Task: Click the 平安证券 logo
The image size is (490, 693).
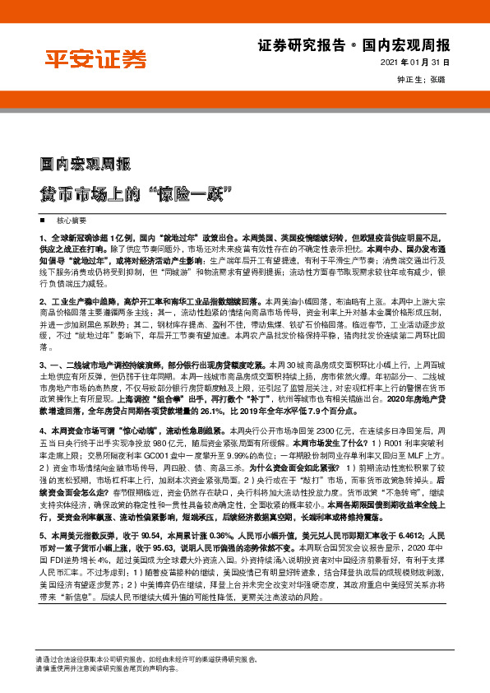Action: (x=95, y=59)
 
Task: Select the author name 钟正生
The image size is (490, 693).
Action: (x=410, y=80)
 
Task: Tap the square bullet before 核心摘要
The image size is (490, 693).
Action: (x=41, y=222)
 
